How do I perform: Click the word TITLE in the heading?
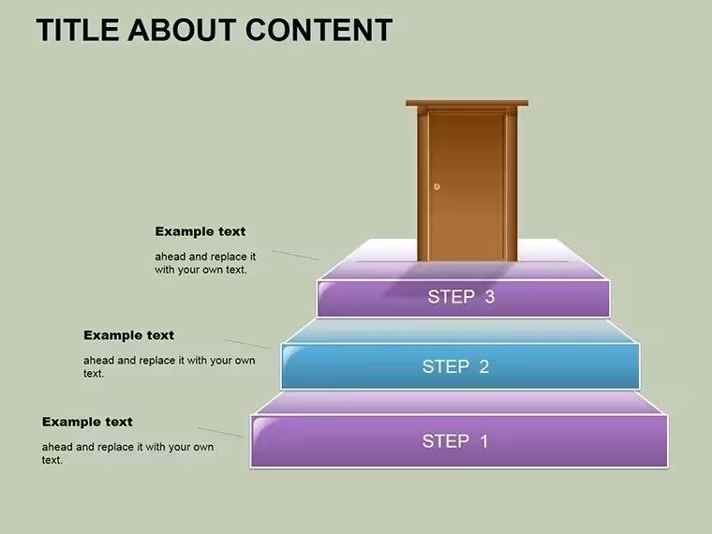pyautogui.click(x=78, y=30)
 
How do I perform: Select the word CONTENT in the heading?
pyautogui.click(x=319, y=30)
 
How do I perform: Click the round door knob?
pyautogui.click(x=437, y=186)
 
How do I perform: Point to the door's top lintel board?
pyautogui.click(x=467, y=103)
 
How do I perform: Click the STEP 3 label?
pyautogui.click(x=461, y=297)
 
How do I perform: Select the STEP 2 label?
pyautogui.click(x=456, y=366)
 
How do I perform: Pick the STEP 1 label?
pyautogui.click(x=455, y=441)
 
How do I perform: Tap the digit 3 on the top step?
pyautogui.click(x=489, y=297)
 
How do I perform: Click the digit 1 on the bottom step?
pyautogui.click(x=484, y=441)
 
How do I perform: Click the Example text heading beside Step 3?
pyautogui.click(x=200, y=231)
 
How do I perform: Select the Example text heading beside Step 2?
pyautogui.click(x=128, y=335)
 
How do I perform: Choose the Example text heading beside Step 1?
pyautogui.click(x=87, y=422)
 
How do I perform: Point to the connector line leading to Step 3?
pyautogui.click(x=296, y=255)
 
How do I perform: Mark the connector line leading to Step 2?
pyautogui.click(x=247, y=344)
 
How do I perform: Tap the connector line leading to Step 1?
pyautogui.click(x=222, y=432)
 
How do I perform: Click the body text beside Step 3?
pyautogui.click(x=205, y=263)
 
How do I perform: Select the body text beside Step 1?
pyautogui.click(x=127, y=453)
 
